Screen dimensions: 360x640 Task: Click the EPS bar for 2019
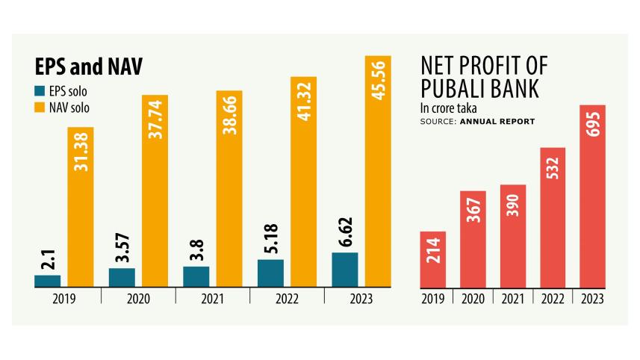(x=47, y=281)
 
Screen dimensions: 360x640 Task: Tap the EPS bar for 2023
(x=344, y=270)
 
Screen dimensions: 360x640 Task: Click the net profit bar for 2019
(x=434, y=259)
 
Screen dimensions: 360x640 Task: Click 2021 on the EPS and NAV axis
(x=213, y=299)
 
